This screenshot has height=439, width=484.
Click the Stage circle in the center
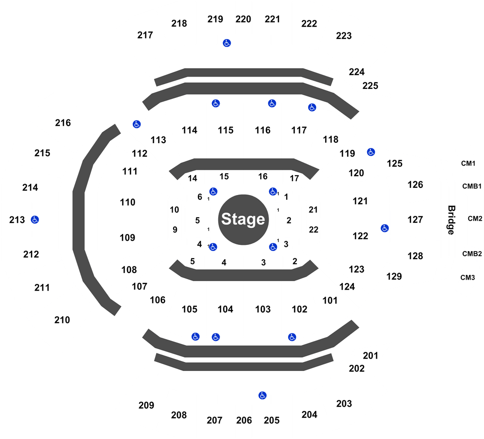tap(242, 219)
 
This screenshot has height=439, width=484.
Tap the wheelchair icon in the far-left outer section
tap(35, 220)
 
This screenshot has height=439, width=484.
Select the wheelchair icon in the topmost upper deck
tap(227, 43)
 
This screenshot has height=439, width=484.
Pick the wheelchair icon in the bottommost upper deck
tap(262, 395)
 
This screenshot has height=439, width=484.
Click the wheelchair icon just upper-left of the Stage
tap(213, 192)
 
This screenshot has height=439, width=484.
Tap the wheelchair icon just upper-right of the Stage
tap(272, 192)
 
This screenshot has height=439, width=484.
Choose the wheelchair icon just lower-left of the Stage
tap(213, 247)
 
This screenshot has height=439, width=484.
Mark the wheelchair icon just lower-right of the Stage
tap(272, 247)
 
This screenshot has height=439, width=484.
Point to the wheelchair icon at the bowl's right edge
tap(385, 228)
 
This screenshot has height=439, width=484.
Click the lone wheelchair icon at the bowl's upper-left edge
tap(137, 124)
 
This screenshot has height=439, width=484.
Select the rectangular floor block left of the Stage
tap(198, 220)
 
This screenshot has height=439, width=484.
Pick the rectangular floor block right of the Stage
tap(288, 220)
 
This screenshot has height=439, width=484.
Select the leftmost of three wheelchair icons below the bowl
tap(195, 337)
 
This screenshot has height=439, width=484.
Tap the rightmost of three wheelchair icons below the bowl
tap(292, 337)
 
